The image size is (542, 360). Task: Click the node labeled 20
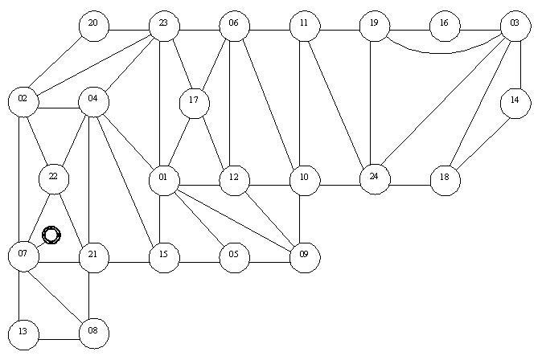click(x=94, y=27)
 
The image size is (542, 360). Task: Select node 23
click(x=164, y=27)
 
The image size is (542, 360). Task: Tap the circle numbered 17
click(x=195, y=104)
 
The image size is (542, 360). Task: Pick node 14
click(x=515, y=104)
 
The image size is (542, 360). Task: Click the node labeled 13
click(x=23, y=335)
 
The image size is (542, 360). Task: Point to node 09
click(x=305, y=258)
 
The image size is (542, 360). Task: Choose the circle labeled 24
click(x=375, y=180)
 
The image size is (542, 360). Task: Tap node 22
click(x=54, y=179)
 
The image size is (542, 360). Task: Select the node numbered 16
click(x=446, y=27)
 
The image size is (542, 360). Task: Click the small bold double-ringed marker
click(x=51, y=235)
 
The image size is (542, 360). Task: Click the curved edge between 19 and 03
click(x=444, y=53)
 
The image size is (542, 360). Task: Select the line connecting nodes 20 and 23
click(x=129, y=30)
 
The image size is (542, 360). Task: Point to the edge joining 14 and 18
click(x=483, y=144)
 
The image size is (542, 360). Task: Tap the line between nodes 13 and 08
click(x=60, y=339)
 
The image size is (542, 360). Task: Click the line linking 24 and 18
click(x=410, y=185)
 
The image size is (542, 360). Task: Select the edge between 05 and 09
click(x=269, y=262)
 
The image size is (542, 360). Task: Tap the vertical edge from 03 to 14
click(x=520, y=64)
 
